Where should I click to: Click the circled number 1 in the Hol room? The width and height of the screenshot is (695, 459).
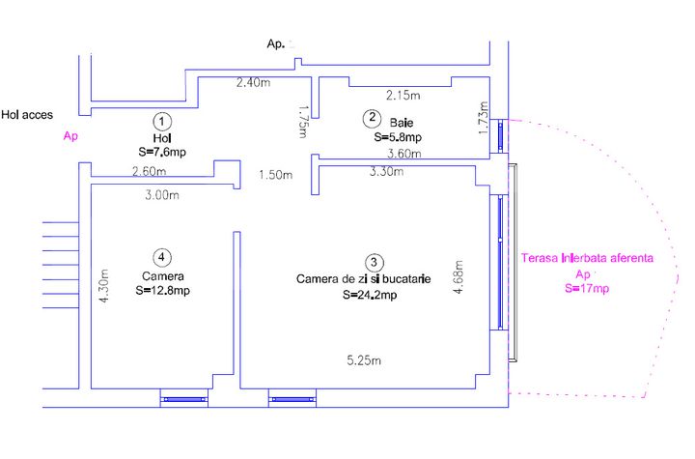point(162,121)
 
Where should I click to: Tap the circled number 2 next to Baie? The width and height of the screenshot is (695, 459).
point(372,118)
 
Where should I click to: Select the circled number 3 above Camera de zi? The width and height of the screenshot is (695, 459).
point(374,262)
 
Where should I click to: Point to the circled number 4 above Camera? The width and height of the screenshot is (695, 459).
point(162,257)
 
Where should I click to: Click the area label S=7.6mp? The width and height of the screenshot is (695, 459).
point(162,152)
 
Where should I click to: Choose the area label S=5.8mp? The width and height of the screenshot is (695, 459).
point(398,137)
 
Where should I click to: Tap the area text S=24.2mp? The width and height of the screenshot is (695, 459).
point(370,295)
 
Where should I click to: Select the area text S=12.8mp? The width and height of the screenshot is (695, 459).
point(163,290)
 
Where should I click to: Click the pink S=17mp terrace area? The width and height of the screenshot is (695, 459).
point(587,289)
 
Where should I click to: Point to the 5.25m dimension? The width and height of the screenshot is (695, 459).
point(364,360)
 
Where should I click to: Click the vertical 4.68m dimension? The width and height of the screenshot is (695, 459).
point(459,277)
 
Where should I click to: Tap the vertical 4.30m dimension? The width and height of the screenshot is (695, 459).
point(103,286)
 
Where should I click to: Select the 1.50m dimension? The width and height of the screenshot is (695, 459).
point(276,175)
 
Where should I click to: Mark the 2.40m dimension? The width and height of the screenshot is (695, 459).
point(253,82)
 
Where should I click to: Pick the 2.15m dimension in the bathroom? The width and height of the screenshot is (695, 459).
point(403,95)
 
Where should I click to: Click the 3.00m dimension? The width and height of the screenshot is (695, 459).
point(162,194)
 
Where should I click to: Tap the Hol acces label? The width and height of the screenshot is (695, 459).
point(27,115)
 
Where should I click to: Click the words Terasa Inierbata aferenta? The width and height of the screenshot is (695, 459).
point(587,258)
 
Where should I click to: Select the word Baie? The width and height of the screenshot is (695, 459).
point(402,123)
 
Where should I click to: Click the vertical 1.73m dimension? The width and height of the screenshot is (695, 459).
point(484,118)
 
